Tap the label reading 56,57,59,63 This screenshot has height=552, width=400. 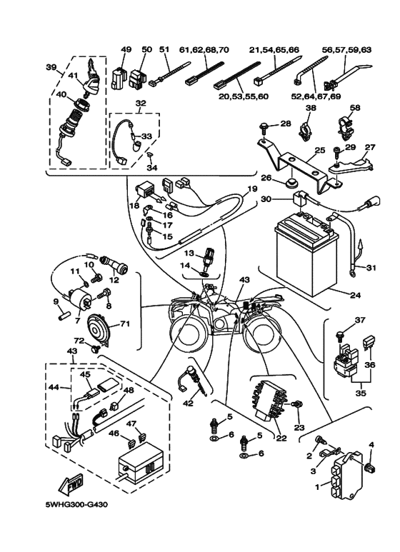coord(347,49)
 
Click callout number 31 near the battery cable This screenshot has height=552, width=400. coord(370,268)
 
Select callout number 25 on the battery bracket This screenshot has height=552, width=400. coord(319,151)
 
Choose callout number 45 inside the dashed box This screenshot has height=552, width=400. coord(84,373)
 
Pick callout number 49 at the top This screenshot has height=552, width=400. coord(126,49)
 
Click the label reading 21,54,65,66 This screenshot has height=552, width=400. coord(274,49)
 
